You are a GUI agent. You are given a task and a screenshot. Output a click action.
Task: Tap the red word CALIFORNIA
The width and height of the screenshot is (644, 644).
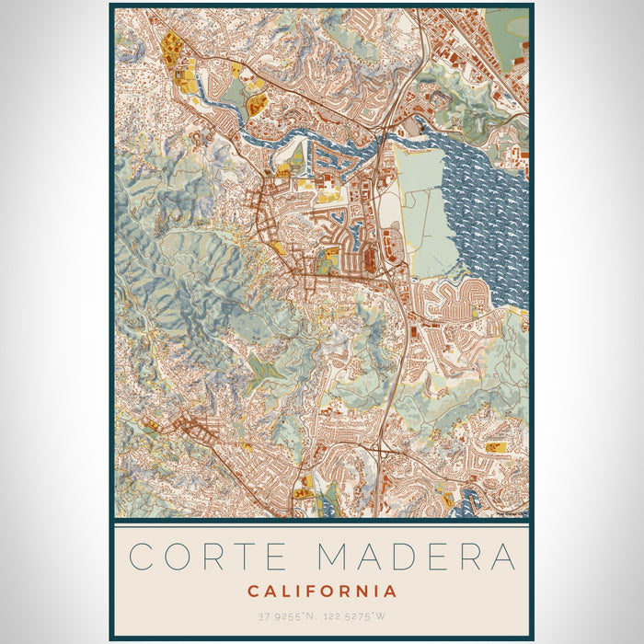tap(321, 591)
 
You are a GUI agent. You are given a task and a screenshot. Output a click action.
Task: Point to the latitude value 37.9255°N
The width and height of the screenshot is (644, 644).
tap(284, 615)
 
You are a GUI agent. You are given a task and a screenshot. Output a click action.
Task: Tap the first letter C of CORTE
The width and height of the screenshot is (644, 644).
tap(142, 558)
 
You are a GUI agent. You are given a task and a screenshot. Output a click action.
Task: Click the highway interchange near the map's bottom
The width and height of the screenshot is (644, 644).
tap(379, 450)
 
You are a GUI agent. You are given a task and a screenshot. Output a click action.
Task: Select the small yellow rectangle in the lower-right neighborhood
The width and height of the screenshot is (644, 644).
tap(496, 447)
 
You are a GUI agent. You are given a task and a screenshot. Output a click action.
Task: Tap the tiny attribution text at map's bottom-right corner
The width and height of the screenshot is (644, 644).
tap(511, 513)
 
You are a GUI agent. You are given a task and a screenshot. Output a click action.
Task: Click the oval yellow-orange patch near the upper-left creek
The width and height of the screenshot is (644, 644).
tap(258, 104)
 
